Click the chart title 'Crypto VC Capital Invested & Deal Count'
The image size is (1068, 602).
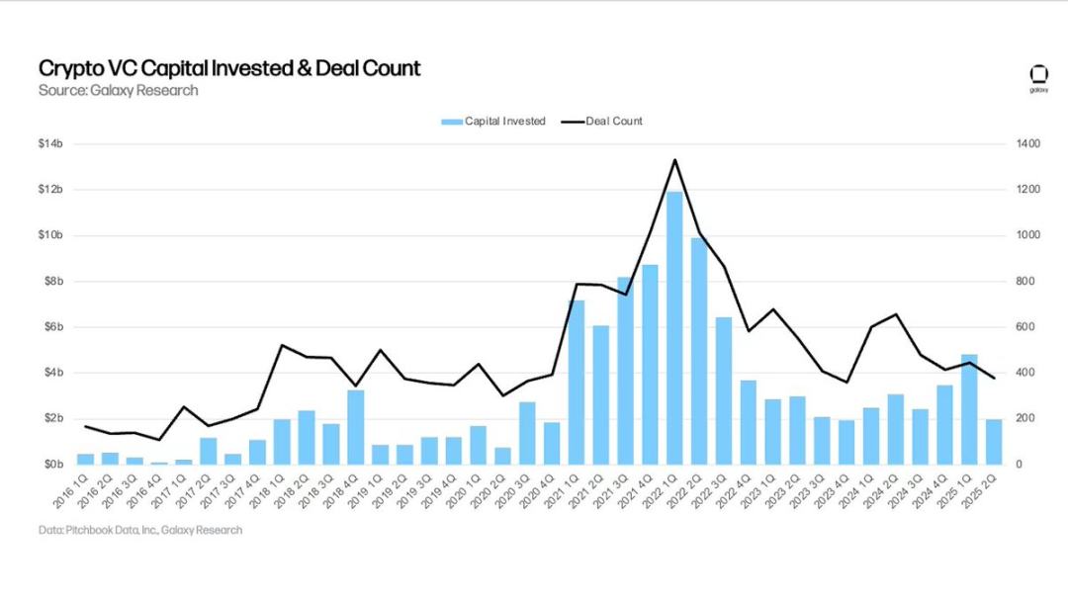pos(229,68)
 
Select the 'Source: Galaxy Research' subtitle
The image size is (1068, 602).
pos(118,91)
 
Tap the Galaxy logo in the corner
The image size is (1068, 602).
pos(1038,77)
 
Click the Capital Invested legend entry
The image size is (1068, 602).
pos(493,122)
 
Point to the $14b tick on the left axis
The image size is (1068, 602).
pos(50,144)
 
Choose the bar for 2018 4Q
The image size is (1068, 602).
pos(355,427)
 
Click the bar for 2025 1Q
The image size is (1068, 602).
pos(969,409)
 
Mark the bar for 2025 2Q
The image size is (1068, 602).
pos(994,442)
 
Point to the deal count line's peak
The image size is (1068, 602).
pos(674,159)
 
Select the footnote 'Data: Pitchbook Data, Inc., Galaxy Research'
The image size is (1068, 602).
pos(140,531)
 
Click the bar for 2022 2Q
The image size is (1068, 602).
pos(699,351)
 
